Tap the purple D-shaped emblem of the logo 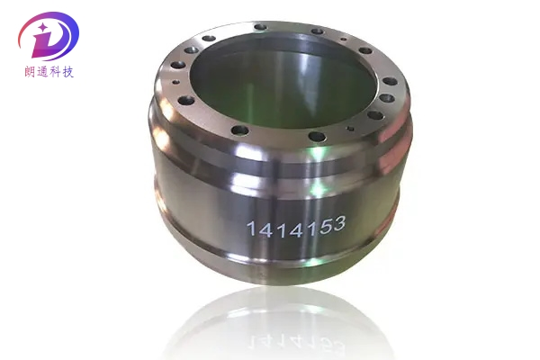(x=49, y=36)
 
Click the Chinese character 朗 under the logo (x=24, y=71)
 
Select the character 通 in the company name (x=40, y=71)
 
